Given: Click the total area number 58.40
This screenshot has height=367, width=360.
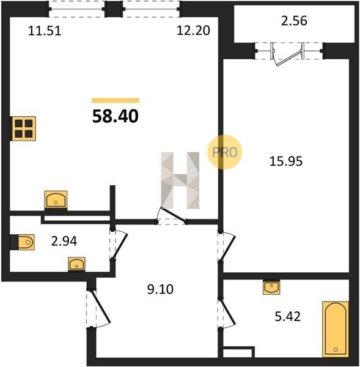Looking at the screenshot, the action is [116, 116].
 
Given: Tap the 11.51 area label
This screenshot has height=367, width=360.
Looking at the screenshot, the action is [45, 31].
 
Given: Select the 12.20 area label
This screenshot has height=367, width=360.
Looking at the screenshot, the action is [193, 31].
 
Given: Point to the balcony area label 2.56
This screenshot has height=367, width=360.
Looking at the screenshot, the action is [294, 21].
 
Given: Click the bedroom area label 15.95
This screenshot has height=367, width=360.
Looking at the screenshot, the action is [286, 161].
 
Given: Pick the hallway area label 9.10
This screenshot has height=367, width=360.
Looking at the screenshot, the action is [160, 289].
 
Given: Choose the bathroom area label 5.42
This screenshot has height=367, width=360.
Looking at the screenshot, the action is [287, 316].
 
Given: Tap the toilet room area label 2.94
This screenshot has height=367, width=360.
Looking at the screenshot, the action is [64, 242].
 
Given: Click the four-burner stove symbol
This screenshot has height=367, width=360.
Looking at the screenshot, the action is [24, 128].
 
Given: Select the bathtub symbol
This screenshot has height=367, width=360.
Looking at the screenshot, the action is [336, 329].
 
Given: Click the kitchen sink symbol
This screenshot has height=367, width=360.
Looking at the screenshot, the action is [56, 199].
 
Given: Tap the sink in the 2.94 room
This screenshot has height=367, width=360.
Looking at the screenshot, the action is [77, 264].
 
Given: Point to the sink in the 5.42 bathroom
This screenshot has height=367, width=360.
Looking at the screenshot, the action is [271, 287].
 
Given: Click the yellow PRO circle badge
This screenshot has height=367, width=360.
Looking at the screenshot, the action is [224, 152].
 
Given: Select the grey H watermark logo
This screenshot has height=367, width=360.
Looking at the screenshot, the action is [180, 180].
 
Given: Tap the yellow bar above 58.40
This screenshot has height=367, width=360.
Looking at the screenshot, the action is [116, 100].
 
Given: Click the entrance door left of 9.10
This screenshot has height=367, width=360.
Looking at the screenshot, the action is [98, 308].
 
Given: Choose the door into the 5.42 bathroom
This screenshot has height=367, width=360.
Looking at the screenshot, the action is [226, 313].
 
